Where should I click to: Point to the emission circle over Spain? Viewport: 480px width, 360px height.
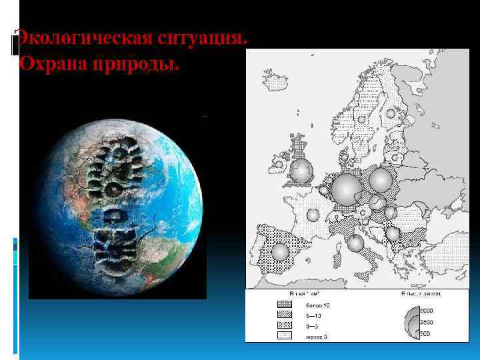281,251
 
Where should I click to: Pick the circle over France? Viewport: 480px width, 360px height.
312,215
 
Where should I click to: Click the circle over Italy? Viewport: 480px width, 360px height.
355,243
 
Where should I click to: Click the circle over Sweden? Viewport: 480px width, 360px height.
361,119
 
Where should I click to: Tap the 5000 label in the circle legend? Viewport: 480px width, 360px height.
426,310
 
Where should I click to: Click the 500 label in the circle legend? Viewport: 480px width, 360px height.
425,333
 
